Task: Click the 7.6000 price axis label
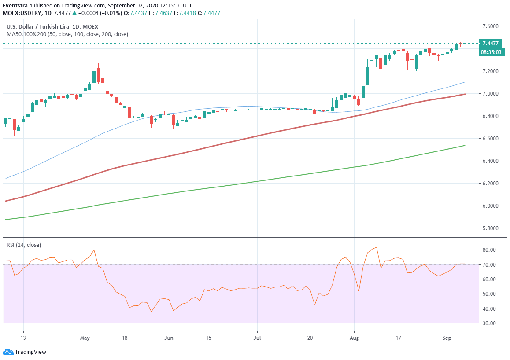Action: pyautogui.click(x=490, y=26)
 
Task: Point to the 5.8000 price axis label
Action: pyautogui.click(x=490, y=228)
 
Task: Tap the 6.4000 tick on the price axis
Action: pyautogui.click(x=490, y=161)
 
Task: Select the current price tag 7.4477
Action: pyautogui.click(x=490, y=43)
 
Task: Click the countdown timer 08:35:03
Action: pyautogui.click(x=490, y=52)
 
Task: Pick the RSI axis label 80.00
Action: pyautogui.click(x=489, y=250)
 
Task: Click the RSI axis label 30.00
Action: pyautogui.click(x=489, y=323)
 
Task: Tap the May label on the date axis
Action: pyautogui.click(x=85, y=338)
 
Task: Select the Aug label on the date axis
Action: pyautogui.click(x=354, y=338)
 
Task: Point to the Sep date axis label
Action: pyautogui.click(x=447, y=338)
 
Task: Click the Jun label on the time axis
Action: pyautogui.click(x=169, y=338)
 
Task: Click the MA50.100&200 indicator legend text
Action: pyautogui.click(x=67, y=34)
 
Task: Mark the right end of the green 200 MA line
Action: pyautogui.click(x=465, y=145)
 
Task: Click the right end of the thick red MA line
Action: pyautogui.click(x=465, y=94)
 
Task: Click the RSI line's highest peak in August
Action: pyautogui.click(x=376, y=247)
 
